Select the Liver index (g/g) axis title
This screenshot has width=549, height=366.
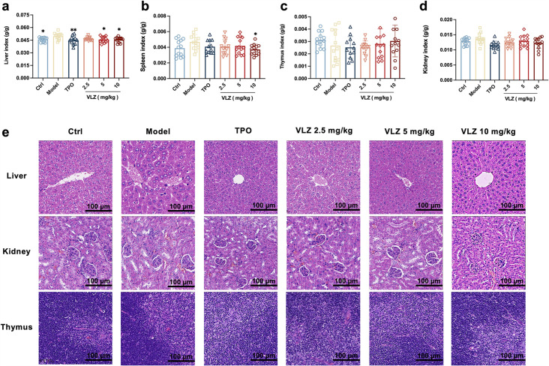coord(7,44)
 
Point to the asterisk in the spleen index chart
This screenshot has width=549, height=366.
coord(256,34)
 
